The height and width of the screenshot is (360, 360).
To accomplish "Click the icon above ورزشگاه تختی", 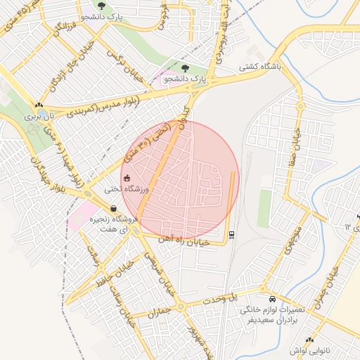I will [x=127, y=179].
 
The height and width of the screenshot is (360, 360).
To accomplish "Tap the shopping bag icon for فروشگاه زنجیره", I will [x=113, y=208].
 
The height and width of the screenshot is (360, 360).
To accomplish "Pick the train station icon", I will [x=232, y=233].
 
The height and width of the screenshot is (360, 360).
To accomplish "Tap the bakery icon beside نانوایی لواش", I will [x=290, y=349].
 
